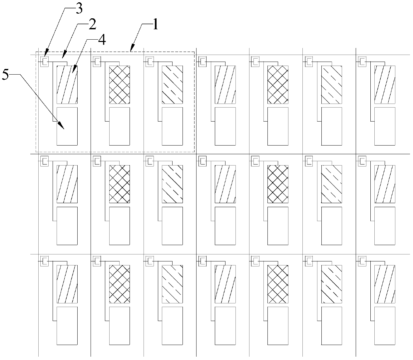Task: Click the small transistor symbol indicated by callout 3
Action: coord(44,61)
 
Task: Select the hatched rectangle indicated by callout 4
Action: coord(67,85)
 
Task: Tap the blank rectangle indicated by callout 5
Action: coord(67,126)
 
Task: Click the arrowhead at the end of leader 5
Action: coord(62,127)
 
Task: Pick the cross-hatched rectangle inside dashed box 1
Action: coord(120,85)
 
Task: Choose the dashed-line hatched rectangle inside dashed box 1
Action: coord(172,85)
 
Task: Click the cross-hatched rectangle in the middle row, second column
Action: coord(120,184)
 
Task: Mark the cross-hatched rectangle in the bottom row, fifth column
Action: coord(278,284)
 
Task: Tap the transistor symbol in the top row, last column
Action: coord(362,61)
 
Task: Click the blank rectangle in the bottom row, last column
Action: coord(385,326)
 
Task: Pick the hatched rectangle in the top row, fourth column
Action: coord(225,85)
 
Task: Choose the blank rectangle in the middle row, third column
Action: coord(172,226)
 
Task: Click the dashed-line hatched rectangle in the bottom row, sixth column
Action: coord(331,284)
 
